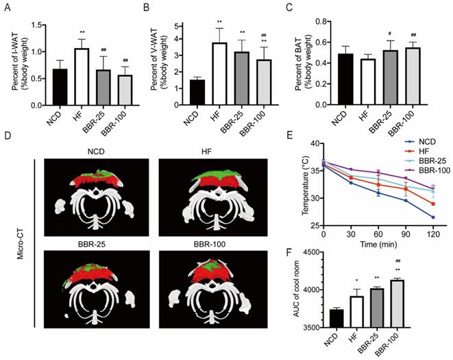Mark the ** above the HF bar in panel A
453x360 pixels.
point(82,32)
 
